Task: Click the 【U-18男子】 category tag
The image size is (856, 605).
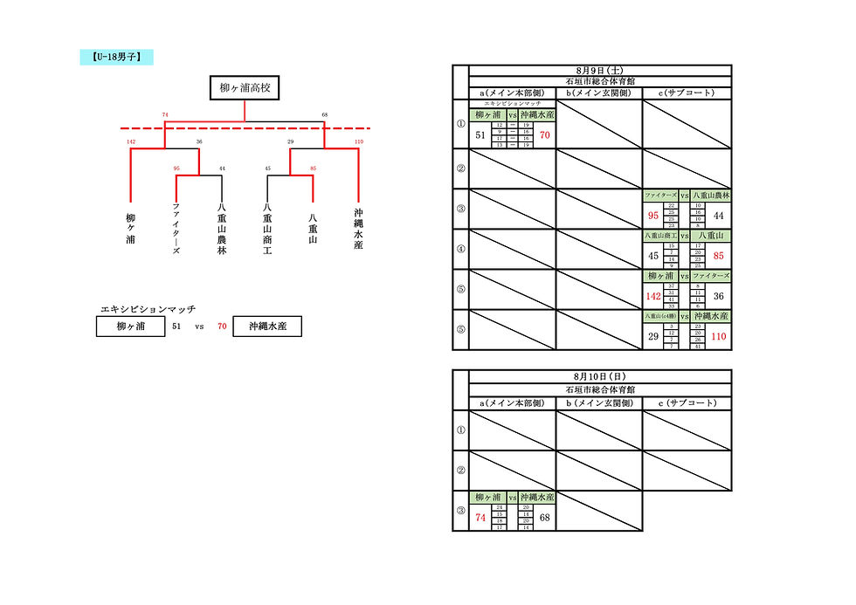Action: tap(117, 58)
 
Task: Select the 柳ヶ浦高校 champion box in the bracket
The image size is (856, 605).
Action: tap(245, 88)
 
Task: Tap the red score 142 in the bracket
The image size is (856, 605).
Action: tap(131, 141)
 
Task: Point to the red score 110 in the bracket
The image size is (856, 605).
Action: tap(358, 141)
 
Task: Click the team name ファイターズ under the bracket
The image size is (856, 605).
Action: tap(176, 229)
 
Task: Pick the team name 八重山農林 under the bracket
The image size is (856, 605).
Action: tap(222, 229)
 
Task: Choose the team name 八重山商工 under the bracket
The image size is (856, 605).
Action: tap(267, 229)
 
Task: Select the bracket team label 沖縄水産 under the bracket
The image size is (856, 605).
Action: tap(358, 229)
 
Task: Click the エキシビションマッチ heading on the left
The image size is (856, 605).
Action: tap(148, 309)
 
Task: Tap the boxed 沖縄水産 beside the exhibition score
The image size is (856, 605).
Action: tap(267, 327)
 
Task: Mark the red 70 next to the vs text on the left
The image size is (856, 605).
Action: tap(222, 327)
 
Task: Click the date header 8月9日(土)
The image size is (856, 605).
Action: tap(599, 70)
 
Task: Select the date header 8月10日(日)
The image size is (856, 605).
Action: tap(599, 375)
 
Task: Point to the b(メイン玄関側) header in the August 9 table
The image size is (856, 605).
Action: tap(599, 93)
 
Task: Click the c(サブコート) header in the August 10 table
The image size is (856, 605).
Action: tap(687, 402)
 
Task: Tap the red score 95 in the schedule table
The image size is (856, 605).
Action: tap(653, 216)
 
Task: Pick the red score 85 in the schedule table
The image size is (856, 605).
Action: tap(719, 256)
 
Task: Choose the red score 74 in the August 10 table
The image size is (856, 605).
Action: tap(480, 518)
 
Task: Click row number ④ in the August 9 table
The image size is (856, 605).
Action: tap(461, 249)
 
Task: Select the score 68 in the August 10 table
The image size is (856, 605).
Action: tap(544, 518)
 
